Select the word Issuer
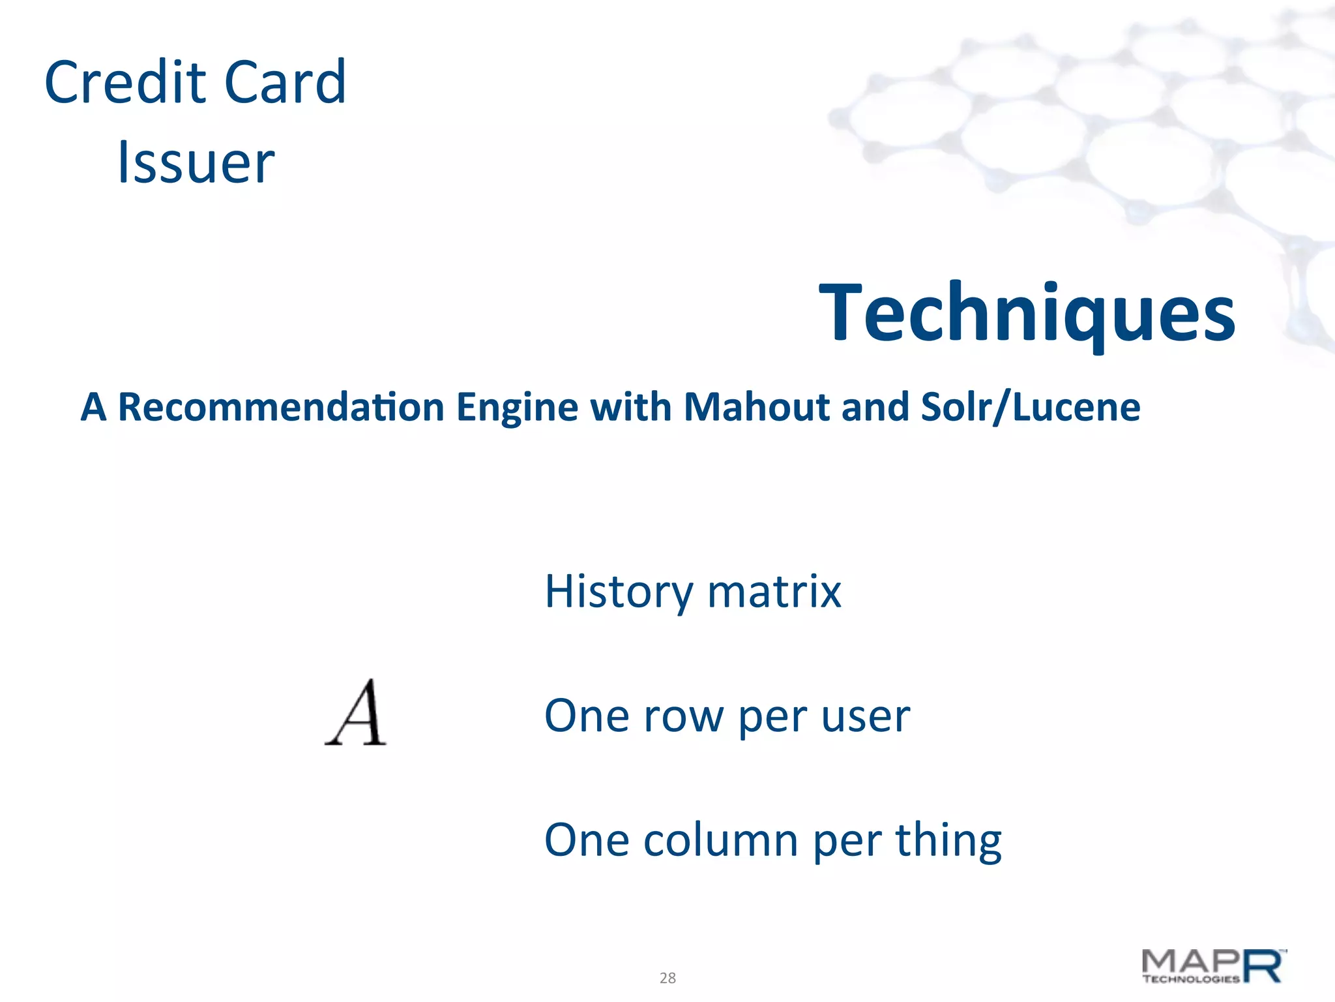pyautogui.click(x=196, y=162)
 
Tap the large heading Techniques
pyautogui.click(x=1027, y=312)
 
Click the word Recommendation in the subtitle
pyautogui.click(x=281, y=407)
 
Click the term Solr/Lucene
pyautogui.click(x=1030, y=407)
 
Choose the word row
pyautogui.click(x=682, y=716)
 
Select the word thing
pyautogui.click(x=948, y=842)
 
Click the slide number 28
pyautogui.click(x=667, y=978)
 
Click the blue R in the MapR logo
pyautogui.click(x=1263, y=966)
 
